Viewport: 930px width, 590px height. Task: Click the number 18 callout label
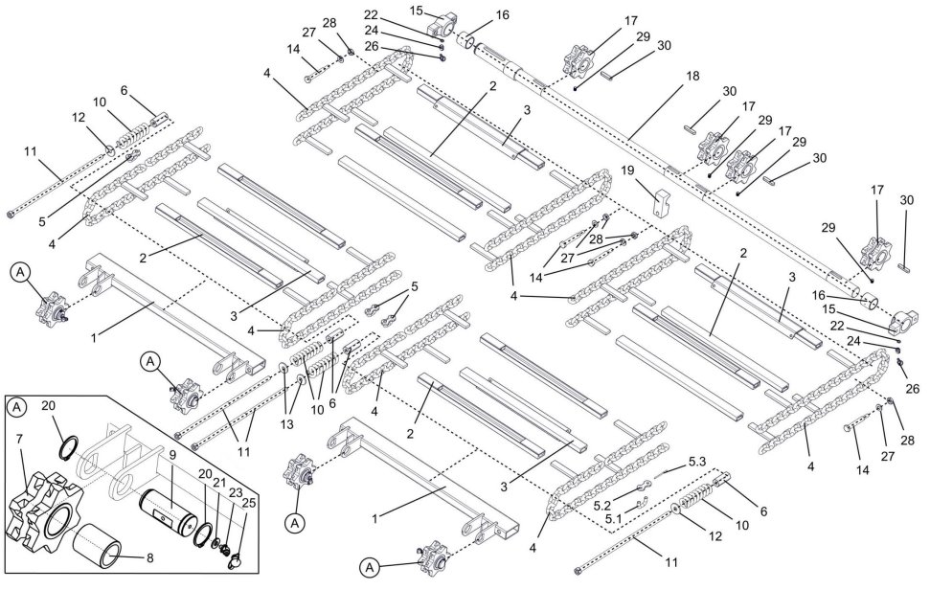click(692, 76)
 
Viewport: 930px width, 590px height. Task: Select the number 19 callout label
click(627, 171)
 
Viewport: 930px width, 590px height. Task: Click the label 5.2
click(602, 505)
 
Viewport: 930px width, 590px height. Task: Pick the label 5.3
click(698, 461)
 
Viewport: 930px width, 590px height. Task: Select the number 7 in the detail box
click(19, 439)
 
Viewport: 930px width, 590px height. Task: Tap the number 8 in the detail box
click(150, 557)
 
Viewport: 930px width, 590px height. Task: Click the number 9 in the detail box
click(172, 455)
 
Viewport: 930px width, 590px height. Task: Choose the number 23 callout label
click(235, 492)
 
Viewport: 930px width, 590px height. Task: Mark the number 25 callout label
click(249, 503)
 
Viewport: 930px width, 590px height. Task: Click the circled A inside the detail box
click(17, 407)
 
